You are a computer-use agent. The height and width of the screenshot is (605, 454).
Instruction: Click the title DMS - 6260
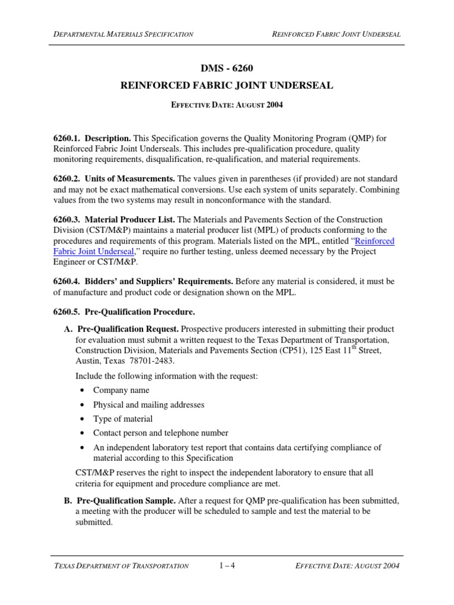pos(227,69)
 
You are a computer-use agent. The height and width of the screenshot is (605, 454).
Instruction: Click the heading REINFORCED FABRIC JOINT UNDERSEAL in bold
pos(227,86)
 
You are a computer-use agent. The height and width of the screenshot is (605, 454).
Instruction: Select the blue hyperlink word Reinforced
pos(374,241)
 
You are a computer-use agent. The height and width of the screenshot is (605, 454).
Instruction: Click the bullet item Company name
pos(121,390)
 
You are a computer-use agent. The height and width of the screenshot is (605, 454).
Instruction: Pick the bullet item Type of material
pos(123,419)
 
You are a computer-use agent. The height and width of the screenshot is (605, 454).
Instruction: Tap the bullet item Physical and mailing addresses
pos(148,405)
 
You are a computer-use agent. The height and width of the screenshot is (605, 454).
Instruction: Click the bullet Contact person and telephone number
pos(161,433)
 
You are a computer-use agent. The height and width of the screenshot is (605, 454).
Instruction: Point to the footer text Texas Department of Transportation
pos(121,566)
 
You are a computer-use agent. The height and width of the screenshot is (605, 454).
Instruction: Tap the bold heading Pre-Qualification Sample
pos(125,500)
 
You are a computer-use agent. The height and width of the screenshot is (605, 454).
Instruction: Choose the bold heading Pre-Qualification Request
pos(127,328)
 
